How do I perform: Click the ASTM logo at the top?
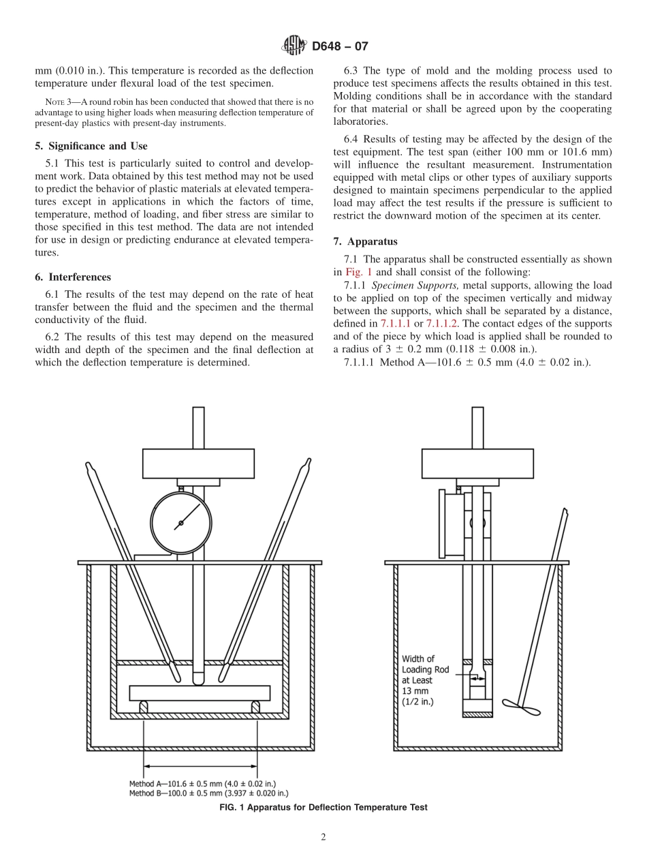click(x=294, y=46)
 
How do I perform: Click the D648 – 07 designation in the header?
click(x=340, y=47)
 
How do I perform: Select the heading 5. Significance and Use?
click(x=91, y=146)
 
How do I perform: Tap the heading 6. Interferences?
click(x=72, y=277)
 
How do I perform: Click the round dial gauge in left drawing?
click(x=180, y=522)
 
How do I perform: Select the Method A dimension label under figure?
click(x=202, y=783)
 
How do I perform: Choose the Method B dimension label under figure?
click(x=208, y=793)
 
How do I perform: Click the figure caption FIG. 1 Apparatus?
click(x=323, y=807)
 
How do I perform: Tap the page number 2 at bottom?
click(x=323, y=838)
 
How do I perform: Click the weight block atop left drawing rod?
click(x=198, y=463)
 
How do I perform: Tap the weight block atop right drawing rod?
click(x=477, y=463)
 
